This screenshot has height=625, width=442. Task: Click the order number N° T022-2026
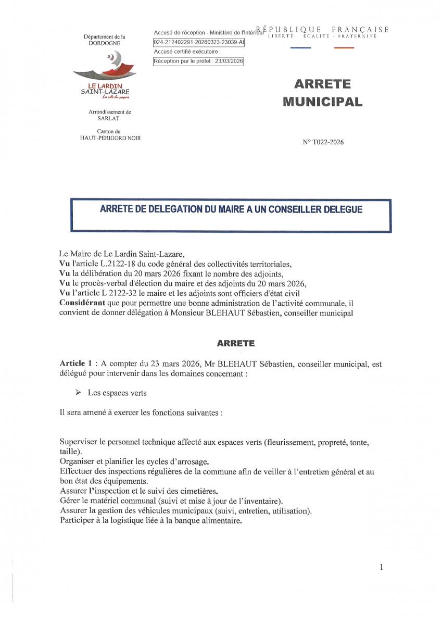(x=323, y=142)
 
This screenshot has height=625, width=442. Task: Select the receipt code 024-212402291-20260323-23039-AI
(x=198, y=42)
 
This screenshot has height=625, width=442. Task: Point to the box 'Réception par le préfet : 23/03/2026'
(x=198, y=61)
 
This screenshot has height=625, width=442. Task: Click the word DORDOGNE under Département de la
(x=104, y=44)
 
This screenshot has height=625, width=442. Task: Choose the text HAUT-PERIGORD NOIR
(x=110, y=137)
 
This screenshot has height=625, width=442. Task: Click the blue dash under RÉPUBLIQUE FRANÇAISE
(x=300, y=48)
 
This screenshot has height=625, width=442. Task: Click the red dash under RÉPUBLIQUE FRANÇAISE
(x=344, y=48)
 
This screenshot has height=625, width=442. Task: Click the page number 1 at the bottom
(x=381, y=567)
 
